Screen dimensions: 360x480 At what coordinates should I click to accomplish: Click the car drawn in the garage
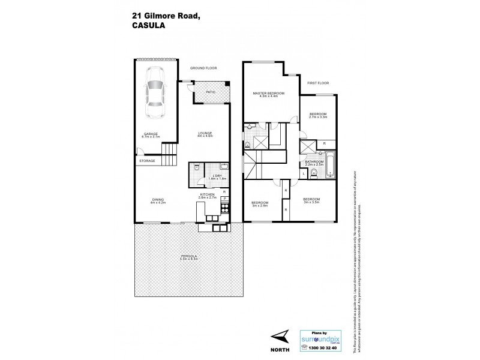(x=155, y=96)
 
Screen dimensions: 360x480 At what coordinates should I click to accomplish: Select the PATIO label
(x=211, y=92)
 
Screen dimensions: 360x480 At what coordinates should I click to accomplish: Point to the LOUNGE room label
(x=206, y=134)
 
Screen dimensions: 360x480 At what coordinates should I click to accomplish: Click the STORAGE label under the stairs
(x=147, y=161)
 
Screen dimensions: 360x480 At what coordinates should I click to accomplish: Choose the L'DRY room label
(x=210, y=176)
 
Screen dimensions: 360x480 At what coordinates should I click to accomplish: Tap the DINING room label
(x=158, y=201)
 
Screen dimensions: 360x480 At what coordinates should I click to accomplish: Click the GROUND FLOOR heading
(x=202, y=68)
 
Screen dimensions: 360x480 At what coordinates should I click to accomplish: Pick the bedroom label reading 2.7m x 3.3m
(x=318, y=116)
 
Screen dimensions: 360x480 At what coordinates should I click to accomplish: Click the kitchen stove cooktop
(x=225, y=208)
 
